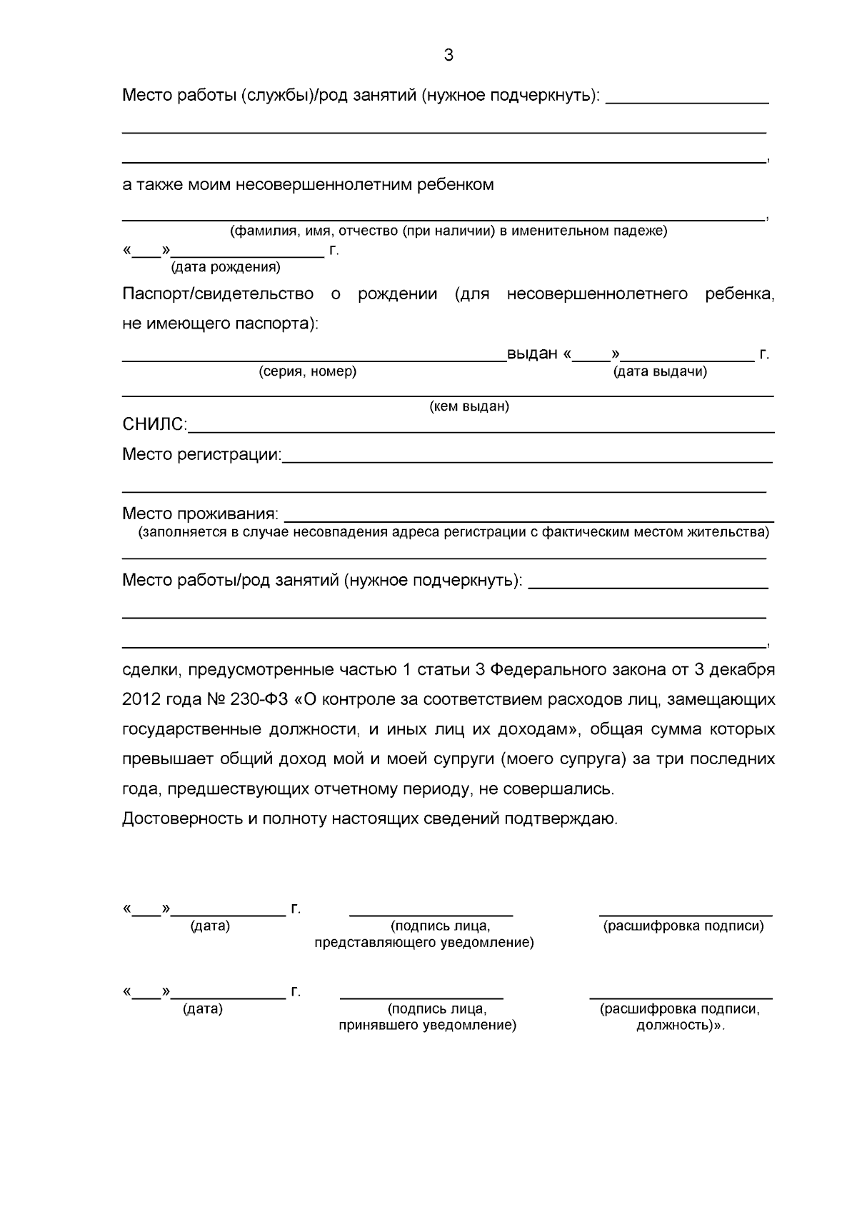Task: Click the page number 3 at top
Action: [x=448, y=55]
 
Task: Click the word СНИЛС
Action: [x=154, y=425]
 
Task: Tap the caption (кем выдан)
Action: [x=468, y=406]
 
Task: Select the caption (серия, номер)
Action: [x=307, y=371]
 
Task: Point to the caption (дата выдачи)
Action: [x=660, y=371]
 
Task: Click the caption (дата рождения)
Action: [x=225, y=268]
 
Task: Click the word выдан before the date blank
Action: [x=532, y=354]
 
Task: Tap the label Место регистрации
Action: [x=202, y=455]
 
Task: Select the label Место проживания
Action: [x=201, y=514]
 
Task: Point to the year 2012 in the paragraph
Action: [x=141, y=700]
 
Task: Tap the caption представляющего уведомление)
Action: [x=424, y=943]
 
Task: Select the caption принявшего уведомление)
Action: [x=427, y=1026]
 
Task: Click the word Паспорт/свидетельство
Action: [x=218, y=294]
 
